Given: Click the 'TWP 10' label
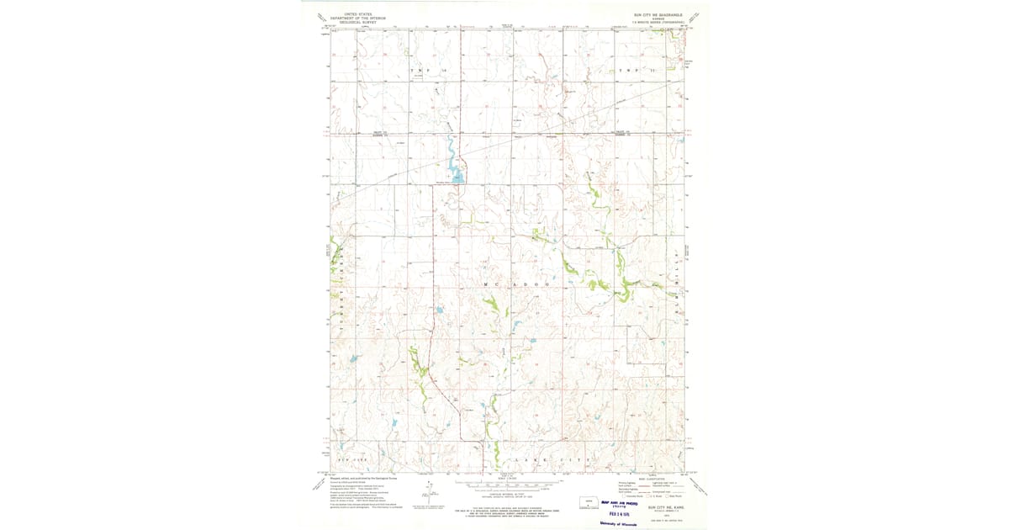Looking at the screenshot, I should point(425,70).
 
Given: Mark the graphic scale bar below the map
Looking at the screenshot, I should point(504,486).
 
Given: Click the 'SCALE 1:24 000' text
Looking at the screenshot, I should point(504,478).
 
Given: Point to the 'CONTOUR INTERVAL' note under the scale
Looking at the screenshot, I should point(504,495).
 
